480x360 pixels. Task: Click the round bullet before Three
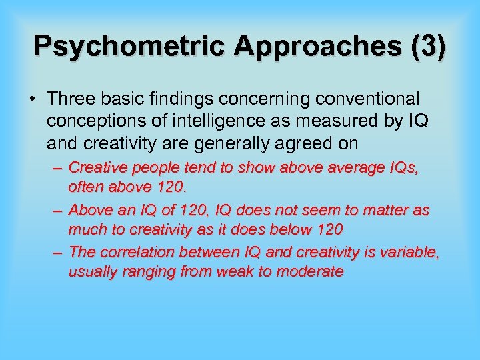point(31,99)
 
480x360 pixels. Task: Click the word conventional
point(363,99)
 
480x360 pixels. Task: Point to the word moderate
point(310,271)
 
